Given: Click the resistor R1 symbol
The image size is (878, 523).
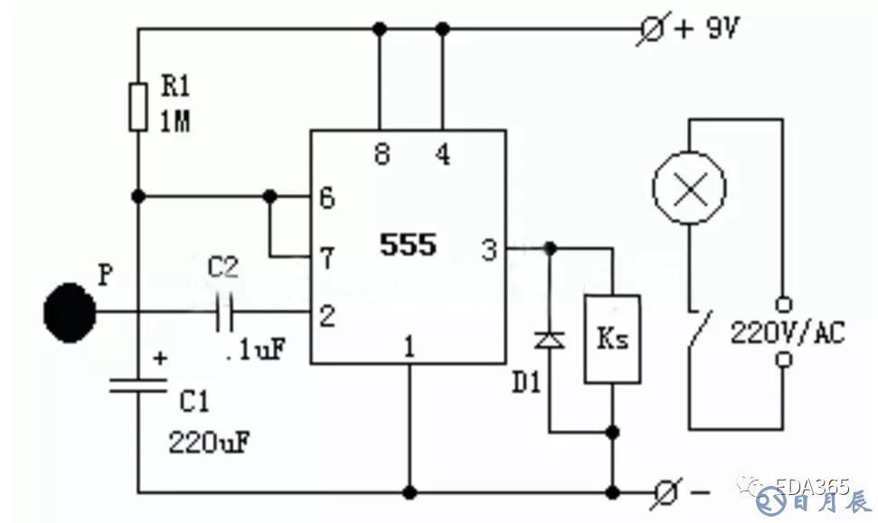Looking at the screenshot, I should (x=137, y=107).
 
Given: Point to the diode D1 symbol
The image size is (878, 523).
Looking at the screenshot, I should (x=549, y=340).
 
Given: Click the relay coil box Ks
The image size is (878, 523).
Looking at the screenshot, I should (x=613, y=339).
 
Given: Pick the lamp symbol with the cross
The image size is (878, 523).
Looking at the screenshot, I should (x=690, y=190).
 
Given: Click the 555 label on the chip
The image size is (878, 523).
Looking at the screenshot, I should (x=408, y=244).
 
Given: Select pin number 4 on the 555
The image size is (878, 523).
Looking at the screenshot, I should (x=442, y=155).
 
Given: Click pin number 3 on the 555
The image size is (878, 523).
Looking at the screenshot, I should (x=489, y=249).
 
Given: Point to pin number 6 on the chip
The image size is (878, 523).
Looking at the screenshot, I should (x=327, y=198).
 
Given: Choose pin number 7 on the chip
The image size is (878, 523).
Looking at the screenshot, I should (x=327, y=259).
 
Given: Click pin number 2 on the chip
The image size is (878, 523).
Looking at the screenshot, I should (x=327, y=314).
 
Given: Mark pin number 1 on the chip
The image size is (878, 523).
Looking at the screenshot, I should (x=409, y=346).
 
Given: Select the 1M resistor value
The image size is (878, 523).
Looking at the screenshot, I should (x=175, y=122).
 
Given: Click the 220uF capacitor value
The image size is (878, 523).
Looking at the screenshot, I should (x=209, y=443).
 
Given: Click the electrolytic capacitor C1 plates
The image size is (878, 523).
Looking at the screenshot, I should (x=137, y=385).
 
